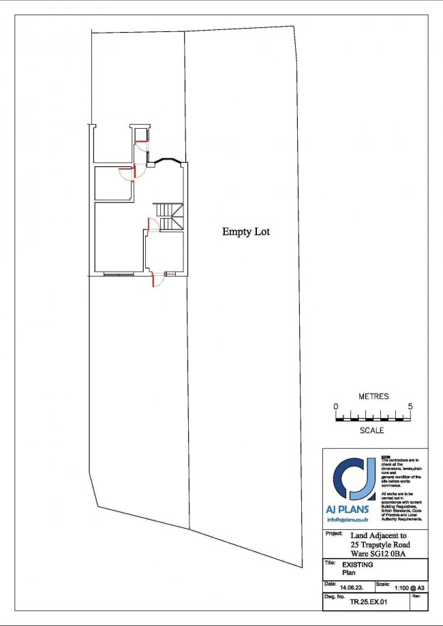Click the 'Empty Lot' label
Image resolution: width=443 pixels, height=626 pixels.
[245, 232]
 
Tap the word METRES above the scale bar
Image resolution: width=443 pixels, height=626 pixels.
[373, 396]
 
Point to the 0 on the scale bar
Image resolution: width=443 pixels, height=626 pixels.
[336, 406]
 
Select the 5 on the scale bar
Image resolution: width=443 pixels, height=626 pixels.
[411, 406]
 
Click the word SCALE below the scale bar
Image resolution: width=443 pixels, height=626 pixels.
[373, 431]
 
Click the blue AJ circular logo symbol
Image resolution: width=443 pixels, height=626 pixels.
[351, 480]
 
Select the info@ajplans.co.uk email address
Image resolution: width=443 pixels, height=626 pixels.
[348, 520]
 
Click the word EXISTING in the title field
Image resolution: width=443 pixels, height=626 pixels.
[356, 565]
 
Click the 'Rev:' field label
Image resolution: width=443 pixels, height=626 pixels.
[416, 596]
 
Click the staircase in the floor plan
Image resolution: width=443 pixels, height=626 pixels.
[168, 217]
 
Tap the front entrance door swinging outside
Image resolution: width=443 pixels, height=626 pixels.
[157, 279]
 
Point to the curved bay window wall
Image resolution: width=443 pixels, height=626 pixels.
[166, 161]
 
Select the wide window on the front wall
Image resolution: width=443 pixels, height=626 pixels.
[119, 274]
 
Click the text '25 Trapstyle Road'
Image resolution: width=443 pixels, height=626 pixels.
[384, 544]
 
